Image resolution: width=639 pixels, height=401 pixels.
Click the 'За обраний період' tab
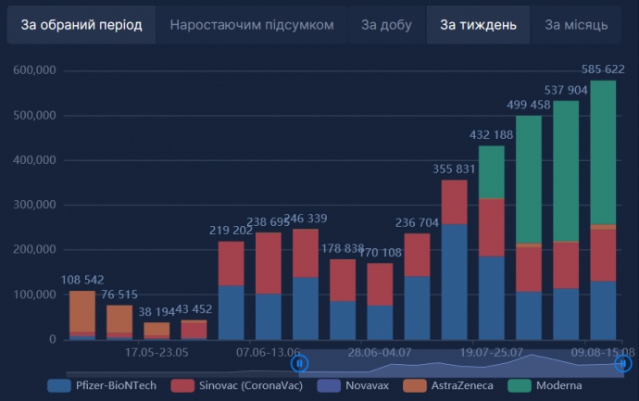click(81, 25)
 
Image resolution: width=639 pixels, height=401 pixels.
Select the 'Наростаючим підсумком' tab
click(251, 25)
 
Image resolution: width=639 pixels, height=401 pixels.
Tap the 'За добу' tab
click(385, 25)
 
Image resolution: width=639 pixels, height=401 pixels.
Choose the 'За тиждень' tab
click(478, 25)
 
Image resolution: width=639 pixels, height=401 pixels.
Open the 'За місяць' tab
click(576, 25)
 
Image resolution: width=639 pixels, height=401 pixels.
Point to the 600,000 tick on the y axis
click(34, 70)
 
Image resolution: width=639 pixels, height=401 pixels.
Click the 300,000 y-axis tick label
click(34, 205)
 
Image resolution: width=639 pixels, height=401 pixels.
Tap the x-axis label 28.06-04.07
click(380, 353)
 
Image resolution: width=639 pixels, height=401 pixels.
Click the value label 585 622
click(603, 69)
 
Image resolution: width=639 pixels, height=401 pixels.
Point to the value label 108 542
click(82, 280)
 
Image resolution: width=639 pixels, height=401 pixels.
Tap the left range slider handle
click(300, 364)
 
